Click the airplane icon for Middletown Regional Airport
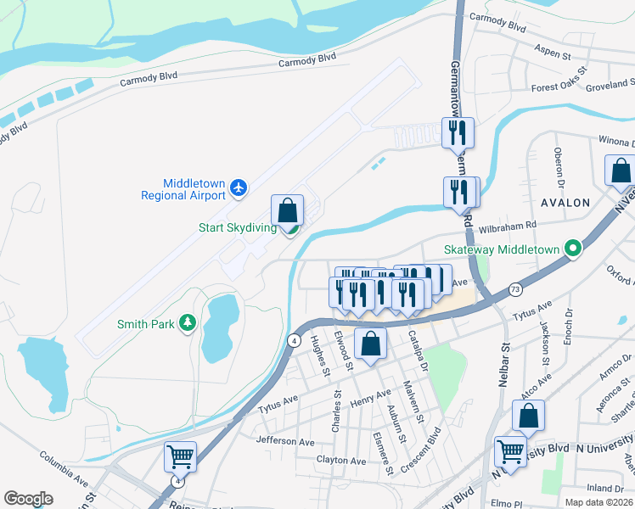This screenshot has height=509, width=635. pyautogui.click(x=239, y=187)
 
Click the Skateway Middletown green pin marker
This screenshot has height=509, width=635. pyautogui.click(x=573, y=249)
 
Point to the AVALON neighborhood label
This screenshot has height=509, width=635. pyautogui.click(x=565, y=203)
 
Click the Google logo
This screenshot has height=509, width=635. pyautogui.click(x=28, y=498)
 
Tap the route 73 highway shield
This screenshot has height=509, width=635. pyautogui.click(x=515, y=290)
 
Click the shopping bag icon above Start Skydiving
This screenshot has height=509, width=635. pyautogui.click(x=288, y=210)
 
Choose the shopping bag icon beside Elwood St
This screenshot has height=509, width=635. pyautogui.click(x=370, y=344)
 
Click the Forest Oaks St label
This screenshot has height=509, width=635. pyautogui.click(x=559, y=81)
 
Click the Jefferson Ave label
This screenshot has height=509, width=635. pyautogui.click(x=285, y=442)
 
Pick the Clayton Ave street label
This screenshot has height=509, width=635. pyautogui.click(x=340, y=461)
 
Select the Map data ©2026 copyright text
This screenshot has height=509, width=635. pyautogui.click(x=598, y=502)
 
